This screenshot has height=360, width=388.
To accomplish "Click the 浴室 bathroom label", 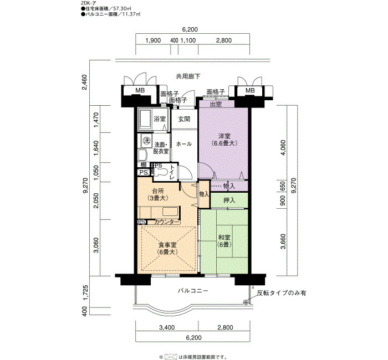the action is click(x=160, y=119).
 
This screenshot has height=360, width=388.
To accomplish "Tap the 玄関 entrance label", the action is click(x=184, y=119).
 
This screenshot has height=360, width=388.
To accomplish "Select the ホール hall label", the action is click(x=183, y=144).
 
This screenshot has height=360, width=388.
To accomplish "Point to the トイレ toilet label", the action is click(x=171, y=172).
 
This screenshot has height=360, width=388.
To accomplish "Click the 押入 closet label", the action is click(x=229, y=200).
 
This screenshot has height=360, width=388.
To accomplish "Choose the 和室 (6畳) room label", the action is click(x=224, y=241).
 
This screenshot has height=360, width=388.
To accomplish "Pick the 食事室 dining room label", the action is click(x=167, y=249).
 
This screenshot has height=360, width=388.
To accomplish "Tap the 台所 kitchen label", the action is click(x=157, y=194).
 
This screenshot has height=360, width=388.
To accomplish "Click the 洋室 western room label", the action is click(x=224, y=140).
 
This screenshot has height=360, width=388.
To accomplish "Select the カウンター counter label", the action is click(x=166, y=222).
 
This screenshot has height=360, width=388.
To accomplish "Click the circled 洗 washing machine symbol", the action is click(x=147, y=141).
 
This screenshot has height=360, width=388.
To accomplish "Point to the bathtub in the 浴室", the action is click(x=145, y=119).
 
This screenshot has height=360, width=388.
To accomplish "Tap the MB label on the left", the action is click(x=140, y=90).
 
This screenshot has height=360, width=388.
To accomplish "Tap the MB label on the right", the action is click(x=250, y=90).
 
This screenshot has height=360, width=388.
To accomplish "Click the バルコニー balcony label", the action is click(x=193, y=291).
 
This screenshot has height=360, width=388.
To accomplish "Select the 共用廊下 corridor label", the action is click(x=188, y=76).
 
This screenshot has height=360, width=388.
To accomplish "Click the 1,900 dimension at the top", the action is click(x=153, y=40).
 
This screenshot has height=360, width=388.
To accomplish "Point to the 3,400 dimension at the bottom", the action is click(x=167, y=328).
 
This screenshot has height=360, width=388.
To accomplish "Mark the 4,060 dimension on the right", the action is click(x=283, y=147).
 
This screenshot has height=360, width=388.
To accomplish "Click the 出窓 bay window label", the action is click(x=216, y=104).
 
